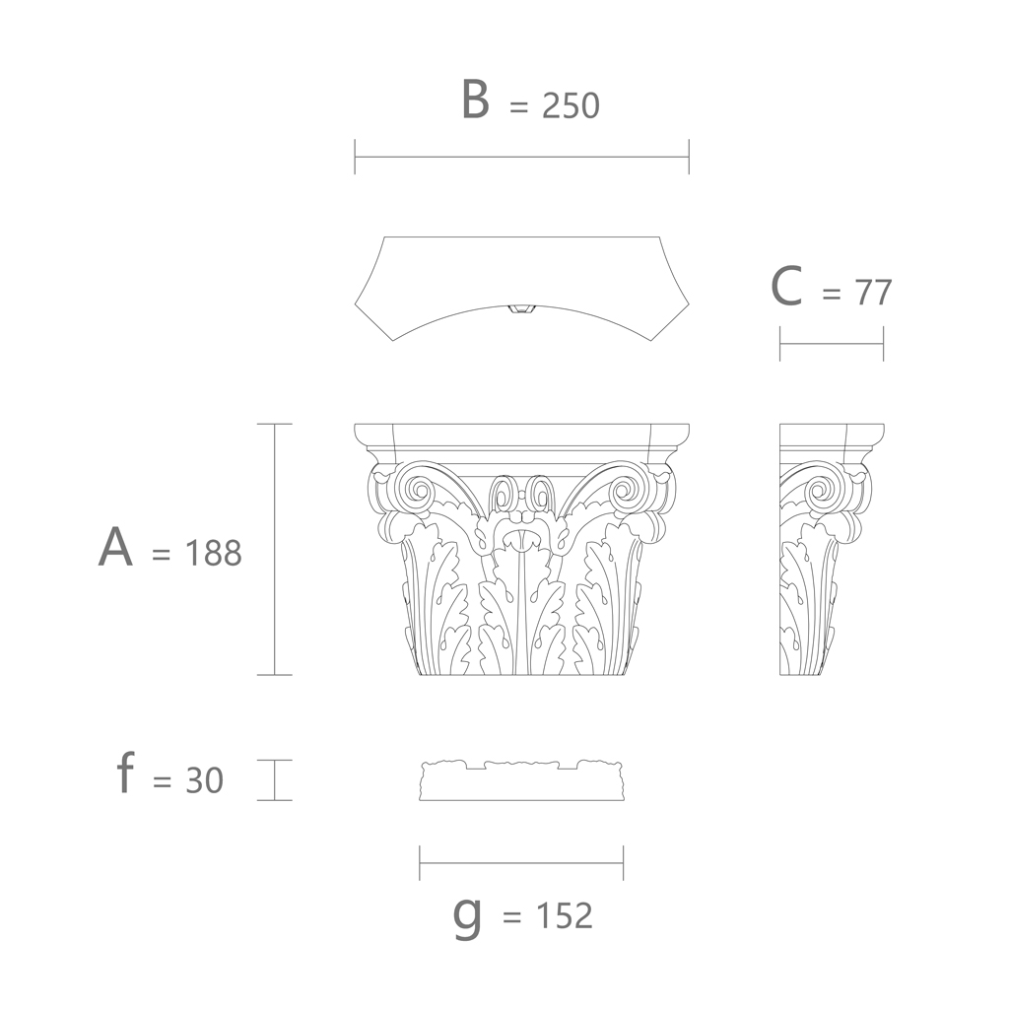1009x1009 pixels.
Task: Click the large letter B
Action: (x=476, y=100)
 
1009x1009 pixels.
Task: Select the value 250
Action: (x=571, y=105)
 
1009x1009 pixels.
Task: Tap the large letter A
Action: (x=116, y=546)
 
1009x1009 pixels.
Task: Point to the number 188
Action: (x=213, y=553)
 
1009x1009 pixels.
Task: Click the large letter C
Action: (x=786, y=287)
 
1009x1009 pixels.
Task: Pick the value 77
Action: (x=873, y=293)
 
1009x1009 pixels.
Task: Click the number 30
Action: (x=205, y=780)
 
